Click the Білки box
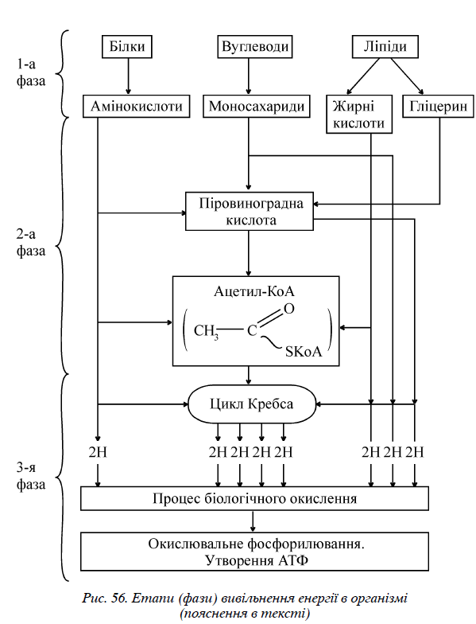coord(127,46)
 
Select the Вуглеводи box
coord(254,46)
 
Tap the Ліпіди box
coord(385,46)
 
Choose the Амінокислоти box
coord(137,107)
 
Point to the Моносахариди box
coord(256,107)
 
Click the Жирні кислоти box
coord(359,115)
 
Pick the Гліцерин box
coord(439,107)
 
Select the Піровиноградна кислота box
coord(250,212)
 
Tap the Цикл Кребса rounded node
coord(251,404)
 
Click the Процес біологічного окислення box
coord(254,498)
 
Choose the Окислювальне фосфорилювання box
coord(254,552)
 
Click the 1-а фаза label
coord(30,72)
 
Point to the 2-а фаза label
coord(30,242)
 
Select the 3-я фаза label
coord(30,476)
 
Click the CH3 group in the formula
coord(207,331)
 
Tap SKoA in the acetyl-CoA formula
coord(304,352)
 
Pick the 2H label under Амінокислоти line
coord(98,452)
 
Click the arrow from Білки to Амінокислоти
coord(128,76)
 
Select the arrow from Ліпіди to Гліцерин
coord(407,76)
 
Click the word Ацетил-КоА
coord(254,291)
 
